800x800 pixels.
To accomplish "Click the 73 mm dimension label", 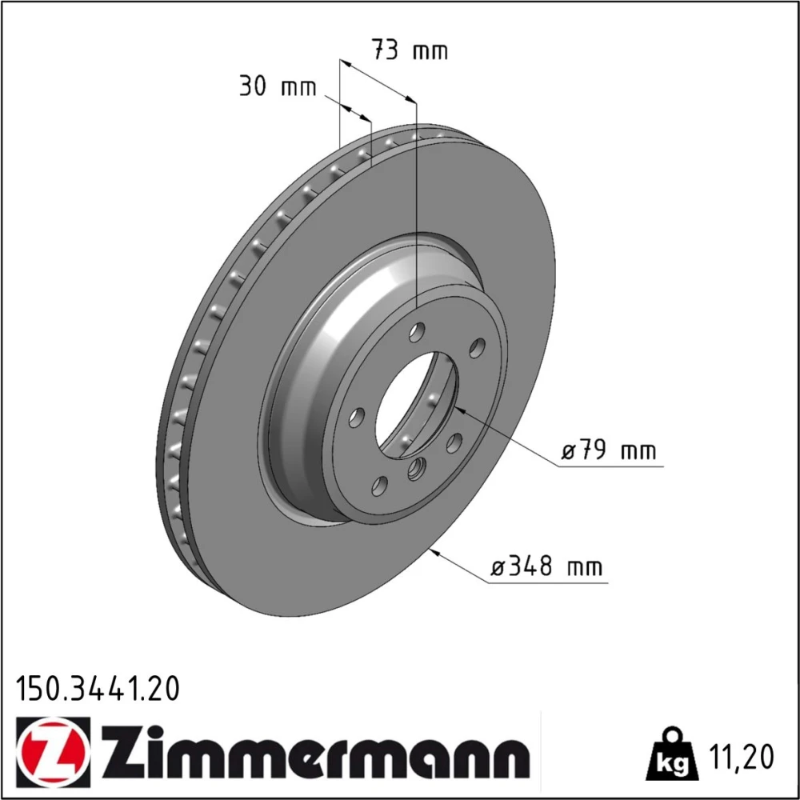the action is point(410,50).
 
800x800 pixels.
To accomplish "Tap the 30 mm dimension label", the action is point(278,86).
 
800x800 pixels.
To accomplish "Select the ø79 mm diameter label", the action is point(609,450).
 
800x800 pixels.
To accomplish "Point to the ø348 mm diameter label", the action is point(546,566).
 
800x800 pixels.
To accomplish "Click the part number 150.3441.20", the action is point(98,688).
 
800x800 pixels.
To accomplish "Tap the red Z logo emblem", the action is point(53,753).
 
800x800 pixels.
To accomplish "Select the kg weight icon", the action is point(672,754).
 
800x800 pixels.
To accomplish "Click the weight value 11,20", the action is point(741,756).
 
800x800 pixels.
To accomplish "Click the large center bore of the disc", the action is point(417,404).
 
